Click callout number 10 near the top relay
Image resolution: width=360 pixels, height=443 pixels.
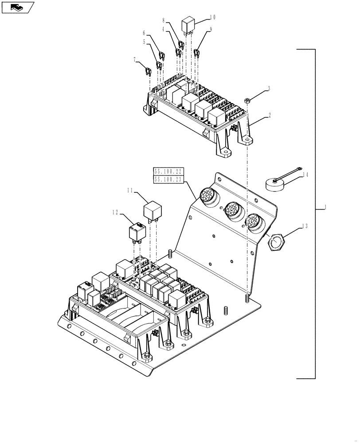pyautogui.click(x=213, y=18)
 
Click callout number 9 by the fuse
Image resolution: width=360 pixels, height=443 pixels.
pyautogui.click(x=210, y=29)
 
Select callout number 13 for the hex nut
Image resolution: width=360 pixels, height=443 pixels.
pyautogui.click(x=305, y=226)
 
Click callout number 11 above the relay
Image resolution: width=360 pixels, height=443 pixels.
pyautogui.click(x=130, y=190)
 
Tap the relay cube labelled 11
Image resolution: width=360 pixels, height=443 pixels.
pyautogui.click(x=153, y=211)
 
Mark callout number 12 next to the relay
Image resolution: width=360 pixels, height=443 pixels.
pyautogui.click(x=115, y=212)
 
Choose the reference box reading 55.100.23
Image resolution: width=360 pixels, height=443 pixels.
pyautogui.click(x=168, y=179)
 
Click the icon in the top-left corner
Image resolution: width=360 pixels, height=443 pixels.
pyautogui.click(x=17, y=7)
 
